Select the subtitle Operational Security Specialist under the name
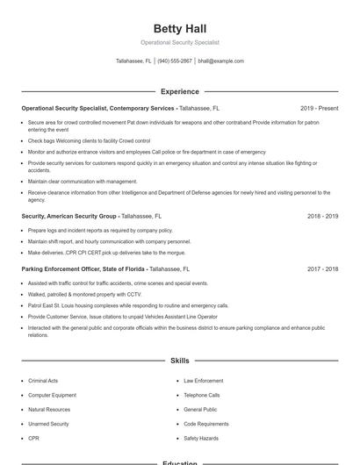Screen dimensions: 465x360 179,42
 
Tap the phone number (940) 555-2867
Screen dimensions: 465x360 175,61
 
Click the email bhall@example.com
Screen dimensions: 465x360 220,61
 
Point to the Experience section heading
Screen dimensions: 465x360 179,91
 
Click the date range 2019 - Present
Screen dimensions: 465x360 319,108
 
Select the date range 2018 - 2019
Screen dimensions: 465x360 322,216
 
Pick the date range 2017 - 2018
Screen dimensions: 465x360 322,269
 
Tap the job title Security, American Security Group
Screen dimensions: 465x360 68,216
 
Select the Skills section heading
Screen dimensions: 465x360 179,361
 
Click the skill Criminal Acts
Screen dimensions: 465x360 43,381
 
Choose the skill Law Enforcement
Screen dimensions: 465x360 203,381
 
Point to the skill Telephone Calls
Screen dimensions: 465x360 202,395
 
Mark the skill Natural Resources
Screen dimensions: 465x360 49,409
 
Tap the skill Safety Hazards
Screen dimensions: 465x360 200,438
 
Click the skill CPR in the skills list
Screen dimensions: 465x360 33,438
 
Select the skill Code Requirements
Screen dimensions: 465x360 206,424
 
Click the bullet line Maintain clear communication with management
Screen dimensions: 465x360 83,182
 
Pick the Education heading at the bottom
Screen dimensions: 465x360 179,462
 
